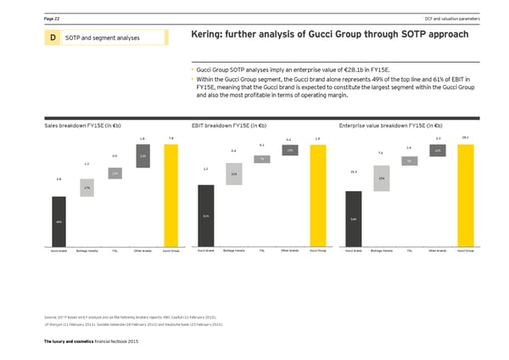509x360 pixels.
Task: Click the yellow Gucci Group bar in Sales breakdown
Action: pos(171,194)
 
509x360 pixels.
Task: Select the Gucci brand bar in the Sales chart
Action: pos(58,221)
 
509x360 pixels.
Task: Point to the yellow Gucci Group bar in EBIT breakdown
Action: pos(318,194)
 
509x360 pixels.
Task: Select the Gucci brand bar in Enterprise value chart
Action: pos(353,218)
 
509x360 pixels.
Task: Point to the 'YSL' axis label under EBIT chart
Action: pos(262,251)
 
